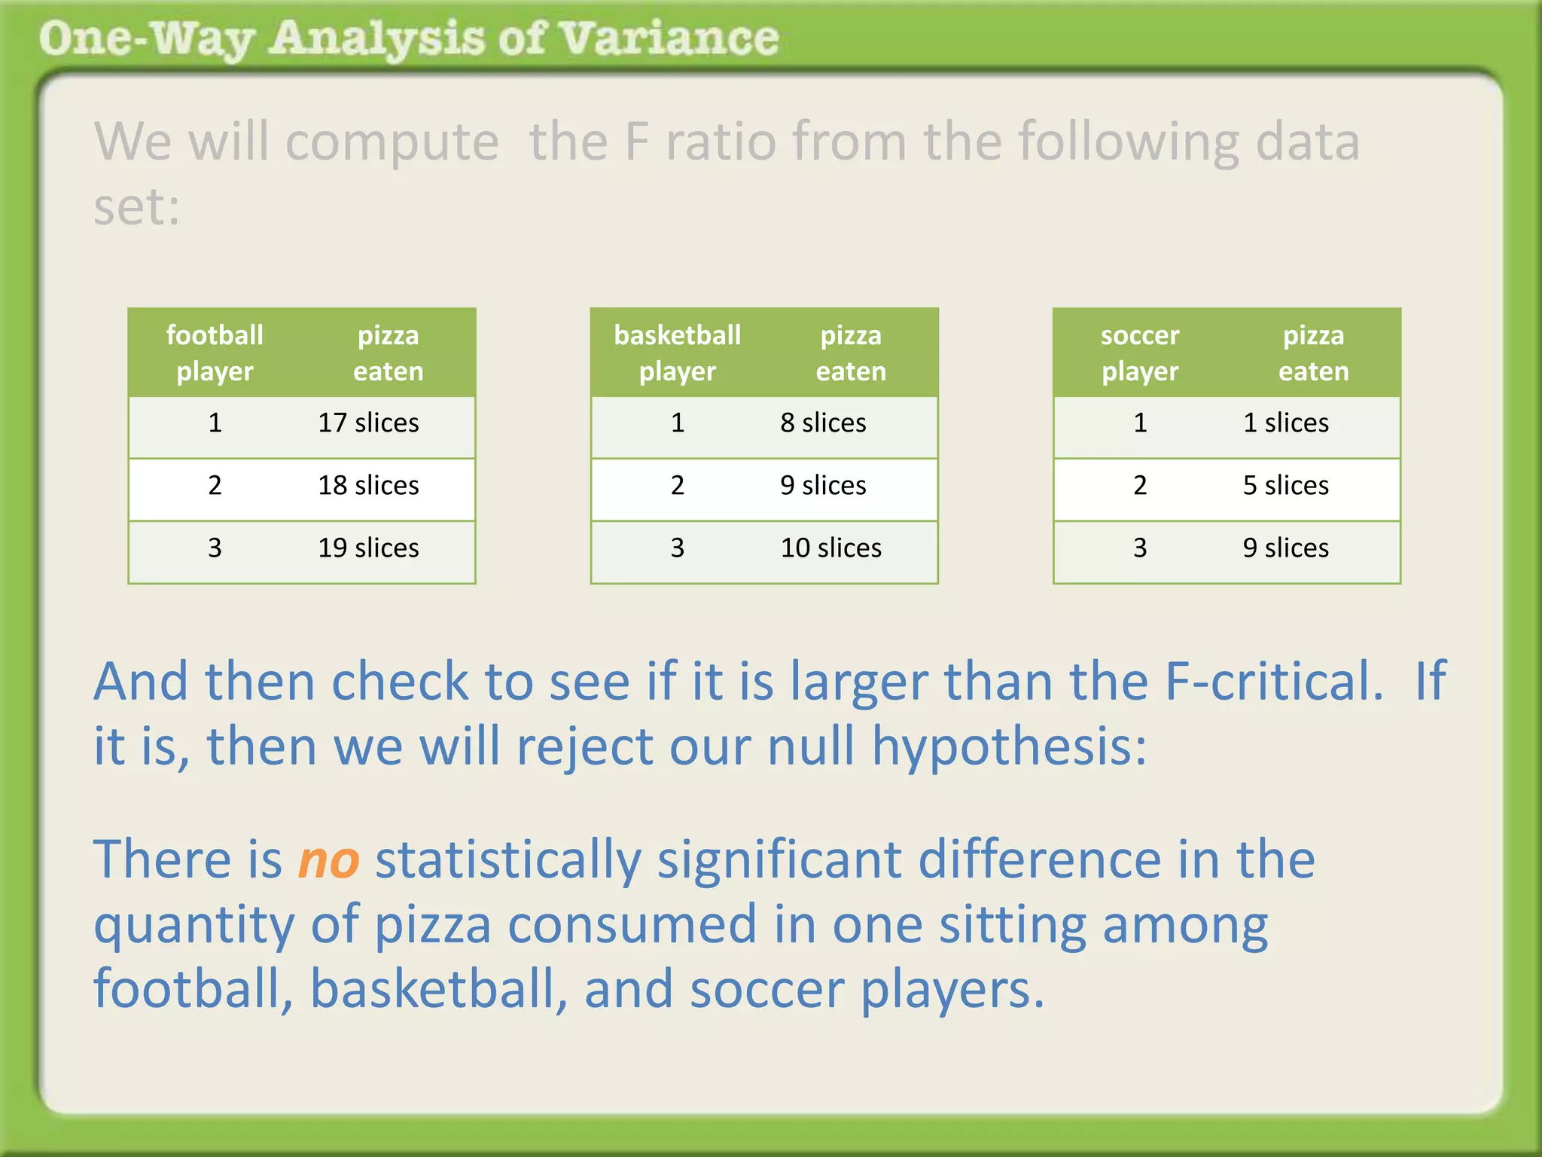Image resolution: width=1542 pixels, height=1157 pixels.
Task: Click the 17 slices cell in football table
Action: point(368,423)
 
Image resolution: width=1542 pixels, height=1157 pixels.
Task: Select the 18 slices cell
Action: point(368,485)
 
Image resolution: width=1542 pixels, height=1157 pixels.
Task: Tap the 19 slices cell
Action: point(368,548)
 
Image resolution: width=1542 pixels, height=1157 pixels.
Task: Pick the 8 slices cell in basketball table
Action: point(823,423)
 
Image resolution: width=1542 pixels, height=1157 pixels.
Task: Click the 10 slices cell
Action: point(830,548)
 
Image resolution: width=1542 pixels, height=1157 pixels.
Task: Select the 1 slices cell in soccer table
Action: point(1285,423)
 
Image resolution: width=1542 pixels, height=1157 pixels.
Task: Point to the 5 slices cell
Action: point(1285,485)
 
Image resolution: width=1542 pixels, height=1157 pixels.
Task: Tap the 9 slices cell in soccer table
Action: point(1285,548)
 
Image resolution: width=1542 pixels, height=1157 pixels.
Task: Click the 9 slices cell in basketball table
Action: point(823,485)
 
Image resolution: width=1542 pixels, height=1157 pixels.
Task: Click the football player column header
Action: point(215,353)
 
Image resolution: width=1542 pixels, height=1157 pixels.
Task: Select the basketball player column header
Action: point(677,353)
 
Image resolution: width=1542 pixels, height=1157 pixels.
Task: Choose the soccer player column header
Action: point(1139,353)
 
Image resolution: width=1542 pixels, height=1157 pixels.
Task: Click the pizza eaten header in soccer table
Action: point(1313,353)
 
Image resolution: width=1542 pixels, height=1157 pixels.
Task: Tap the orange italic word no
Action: point(328,860)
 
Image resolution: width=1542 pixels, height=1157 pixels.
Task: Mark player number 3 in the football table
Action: point(215,548)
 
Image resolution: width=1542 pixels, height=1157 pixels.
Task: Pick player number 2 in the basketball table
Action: point(677,485)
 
